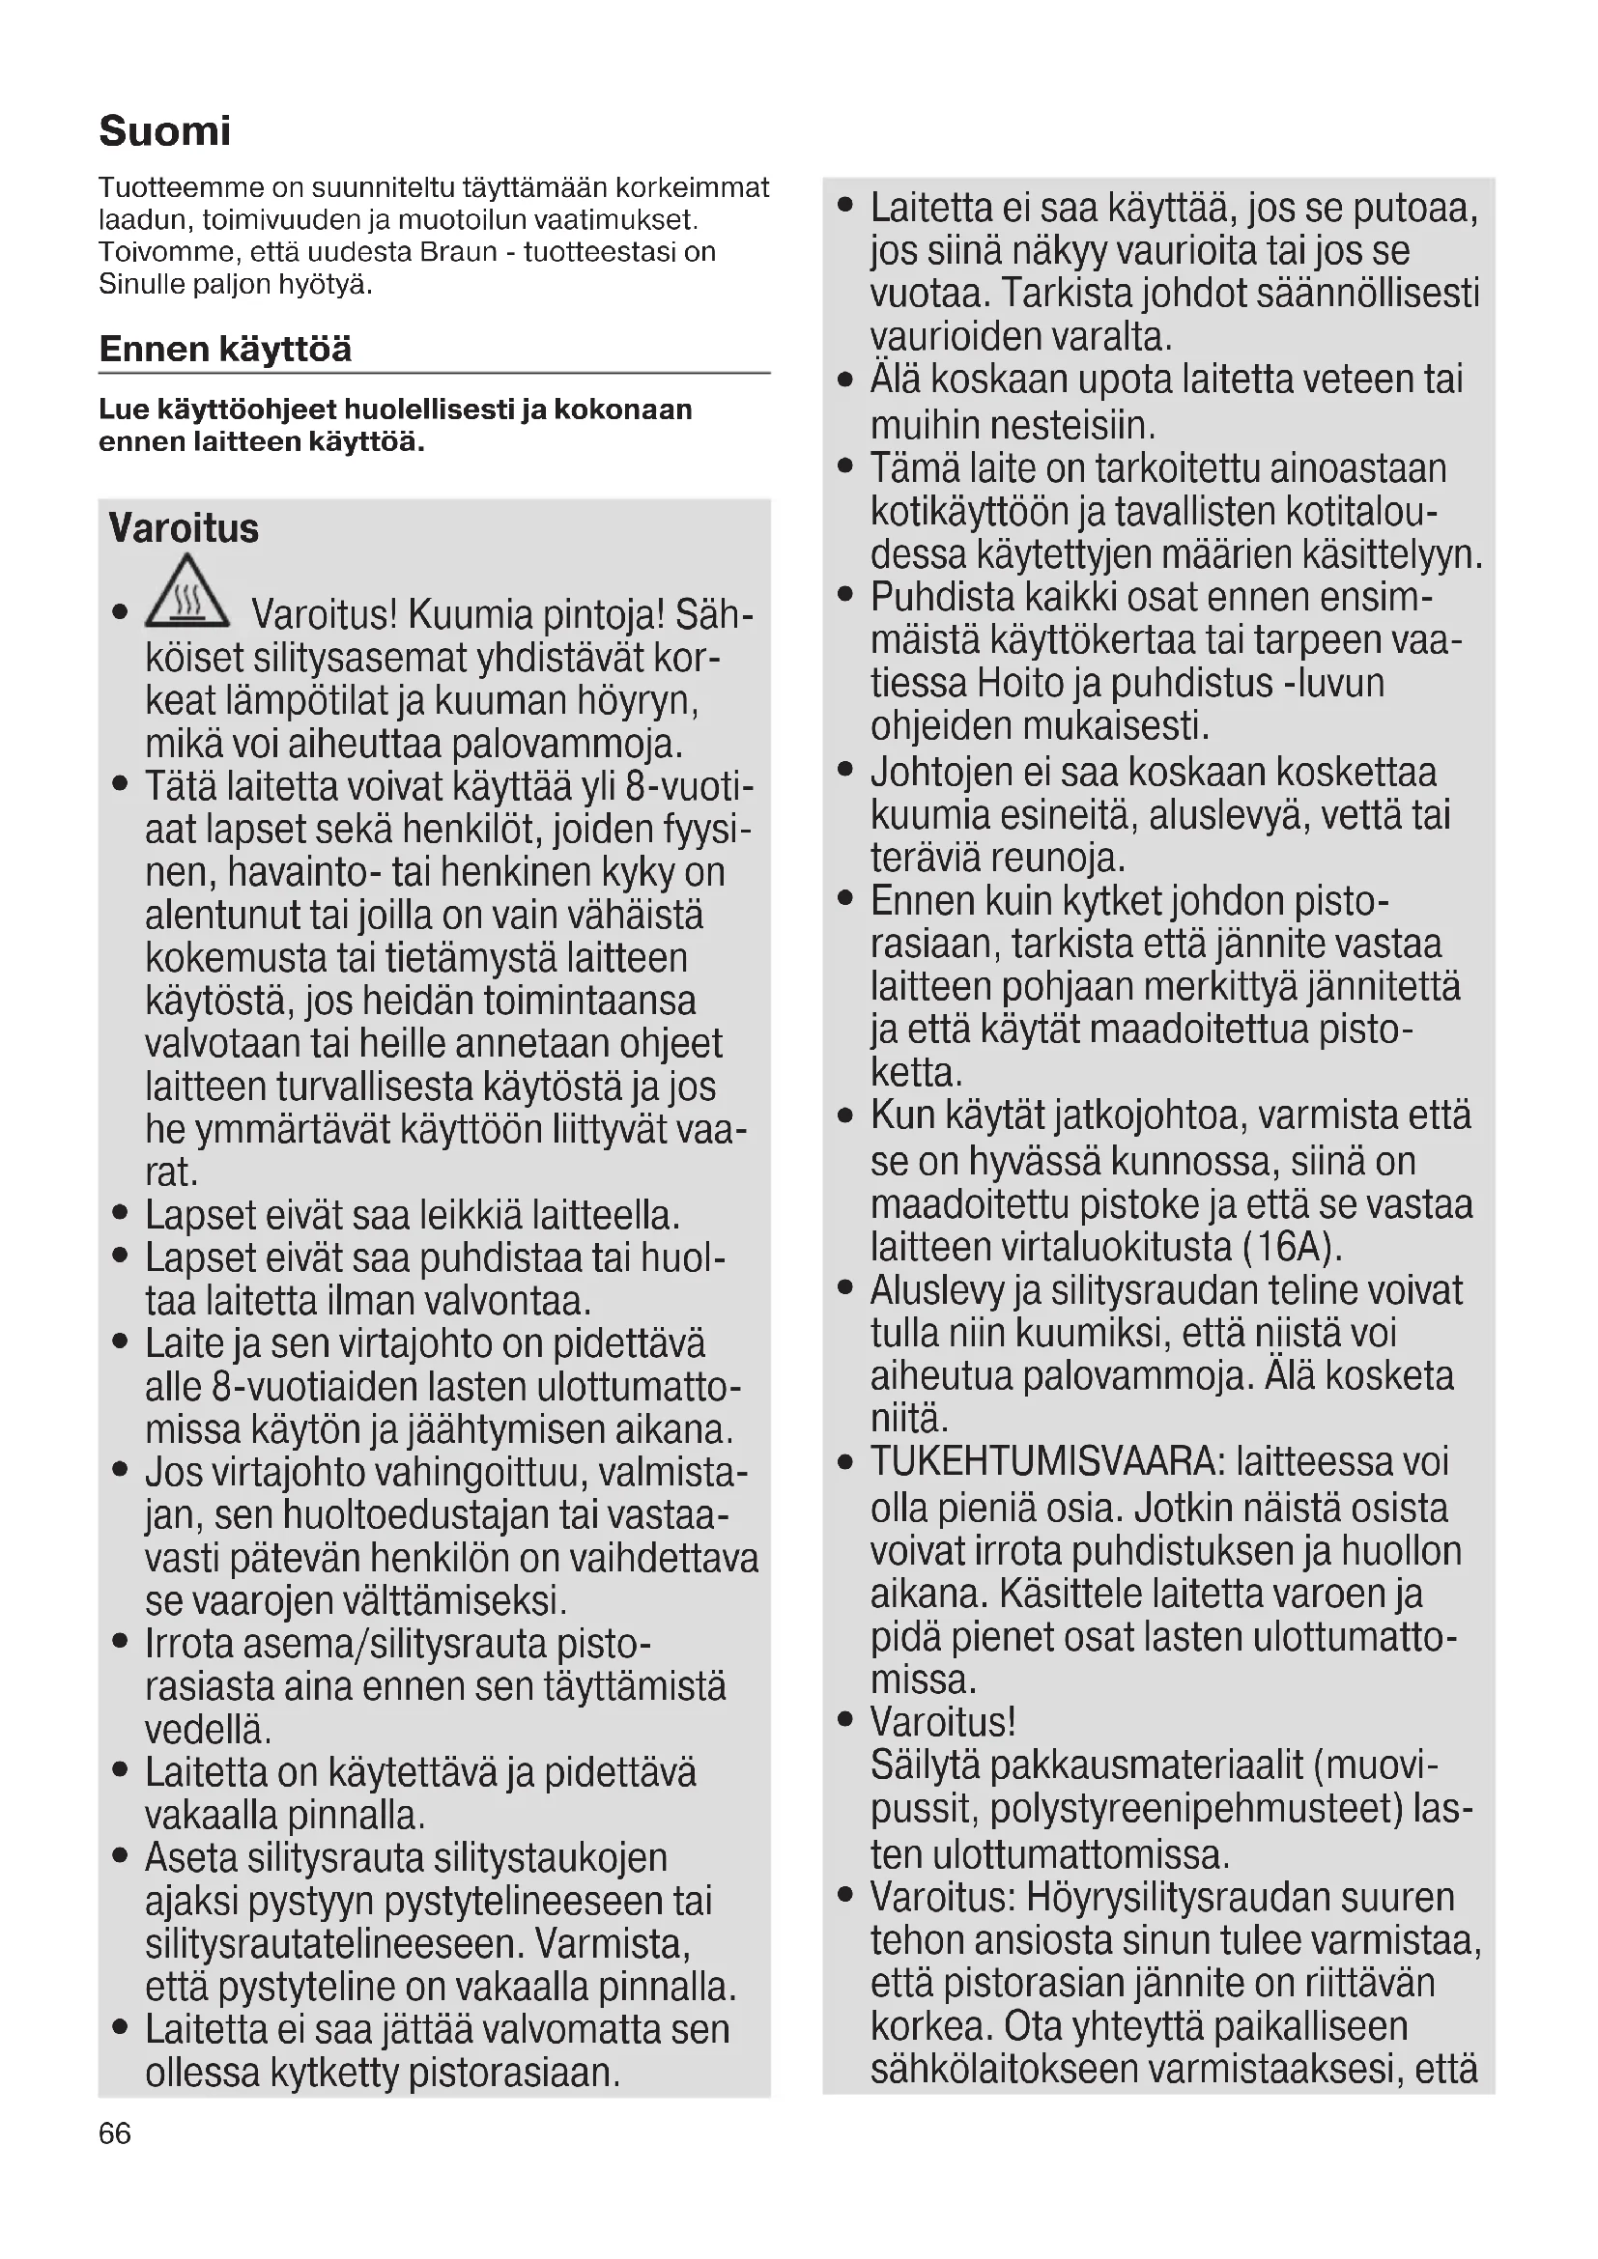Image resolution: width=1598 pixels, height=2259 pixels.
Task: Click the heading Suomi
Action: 164,130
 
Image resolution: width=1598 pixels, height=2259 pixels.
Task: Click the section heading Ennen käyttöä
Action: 225,350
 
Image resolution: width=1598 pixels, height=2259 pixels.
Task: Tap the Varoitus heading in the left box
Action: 184,528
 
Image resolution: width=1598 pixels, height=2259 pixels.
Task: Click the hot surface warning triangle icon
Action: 187,593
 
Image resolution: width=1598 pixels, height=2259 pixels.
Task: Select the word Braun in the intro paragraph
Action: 459,252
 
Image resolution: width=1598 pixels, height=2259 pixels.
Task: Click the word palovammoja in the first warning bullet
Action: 566,744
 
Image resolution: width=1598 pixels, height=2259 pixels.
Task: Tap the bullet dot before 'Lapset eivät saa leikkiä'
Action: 121,1214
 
